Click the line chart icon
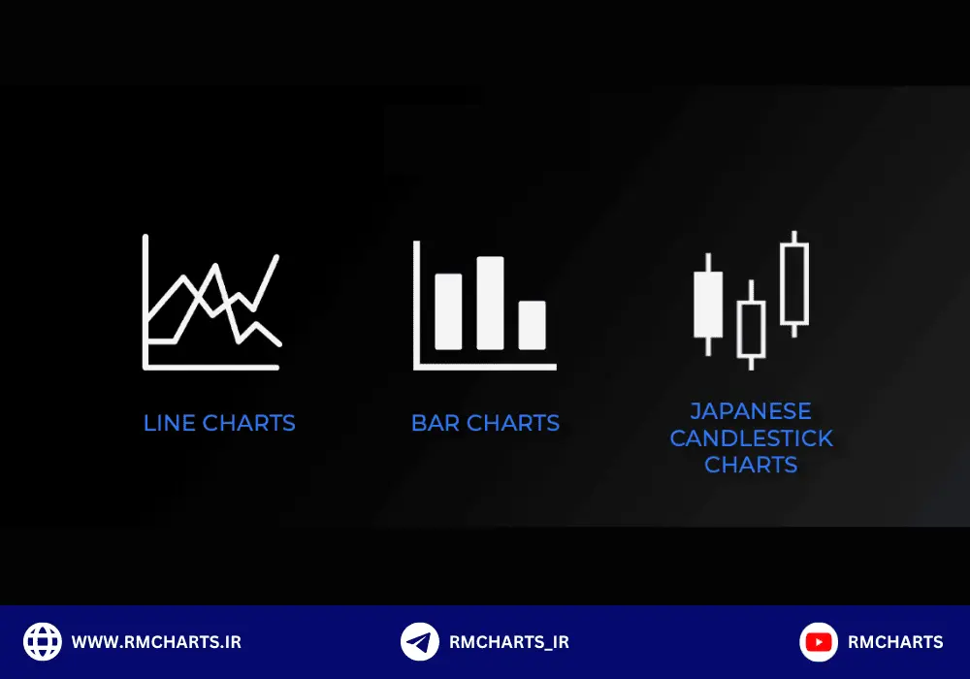tap(146, 309)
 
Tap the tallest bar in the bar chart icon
tap(490, 303)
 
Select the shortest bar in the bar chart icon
tap(532, 325)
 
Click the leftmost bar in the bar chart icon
tap(448, 311)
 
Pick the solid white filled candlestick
tap(708, 305)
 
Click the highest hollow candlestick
tap(781, 284)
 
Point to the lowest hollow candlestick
tap(738, 329)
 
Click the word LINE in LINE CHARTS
tap(170, 423)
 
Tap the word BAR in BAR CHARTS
tap(436, 423)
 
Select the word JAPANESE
tap(751, 411)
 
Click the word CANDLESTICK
tap(751, 438)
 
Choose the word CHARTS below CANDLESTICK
tap(751, 465)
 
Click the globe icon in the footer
tap(43, 642)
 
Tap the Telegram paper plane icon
tap(419, 642)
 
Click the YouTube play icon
tap(819, 642)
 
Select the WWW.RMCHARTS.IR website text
tap(156, 642)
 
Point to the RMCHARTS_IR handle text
tap(509, 642)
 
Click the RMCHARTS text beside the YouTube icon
tap(895, 642)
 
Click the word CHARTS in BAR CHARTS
tap(513, 423)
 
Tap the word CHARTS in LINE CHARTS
tap(248, 423)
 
